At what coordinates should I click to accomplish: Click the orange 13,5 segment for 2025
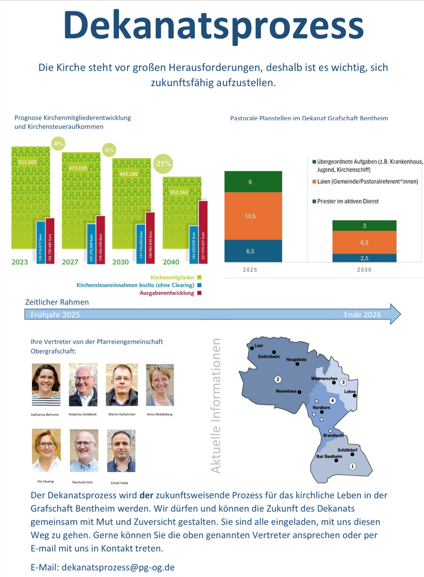point(253,216)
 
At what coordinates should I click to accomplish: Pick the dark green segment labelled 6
point(253,182)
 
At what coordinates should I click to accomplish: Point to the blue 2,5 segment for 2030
point(364,258)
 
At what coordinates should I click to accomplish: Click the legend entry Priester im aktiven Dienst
point(349,201)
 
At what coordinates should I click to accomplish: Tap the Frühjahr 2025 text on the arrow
point(56,315)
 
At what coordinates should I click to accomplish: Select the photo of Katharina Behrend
point(46,385)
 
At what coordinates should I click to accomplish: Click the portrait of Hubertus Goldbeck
point(83,385)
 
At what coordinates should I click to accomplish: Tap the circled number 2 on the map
point(278,379)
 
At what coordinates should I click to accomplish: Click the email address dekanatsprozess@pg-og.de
point(118,567)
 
